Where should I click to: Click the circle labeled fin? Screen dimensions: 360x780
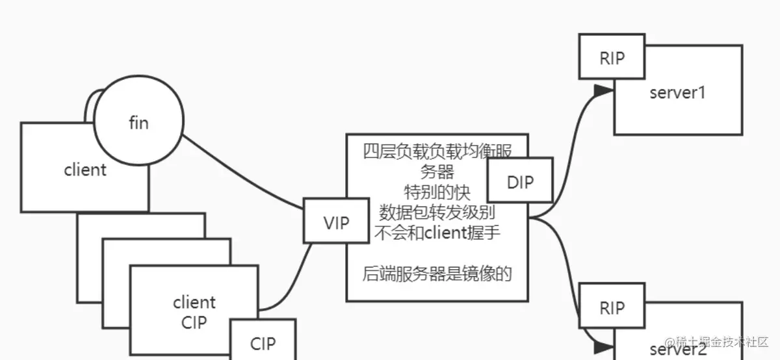pyautogui.click(x=138, y=122)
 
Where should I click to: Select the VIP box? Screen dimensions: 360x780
pyautogui.click(x=336, y=223)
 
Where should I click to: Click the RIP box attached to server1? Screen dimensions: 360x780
pyautogui.click(x=612, y=58)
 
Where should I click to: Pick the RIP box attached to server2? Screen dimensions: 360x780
pyautogui.click(x=612, y=307)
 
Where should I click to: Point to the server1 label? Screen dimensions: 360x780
pyautogui.click(x=677, y=92)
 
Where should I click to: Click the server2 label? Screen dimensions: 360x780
pyautogui.click(x=677, y=349)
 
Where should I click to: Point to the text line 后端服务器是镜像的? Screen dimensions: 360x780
pyautogui.click(x=437, y=274)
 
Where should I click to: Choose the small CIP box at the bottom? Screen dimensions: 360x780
pyautogui.click(x=263, y=342)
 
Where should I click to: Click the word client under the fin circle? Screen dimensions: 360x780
pyautogui.click(x=85, y=170)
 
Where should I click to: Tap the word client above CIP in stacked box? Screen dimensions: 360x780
pyautogui.click(x=194, y=302)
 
